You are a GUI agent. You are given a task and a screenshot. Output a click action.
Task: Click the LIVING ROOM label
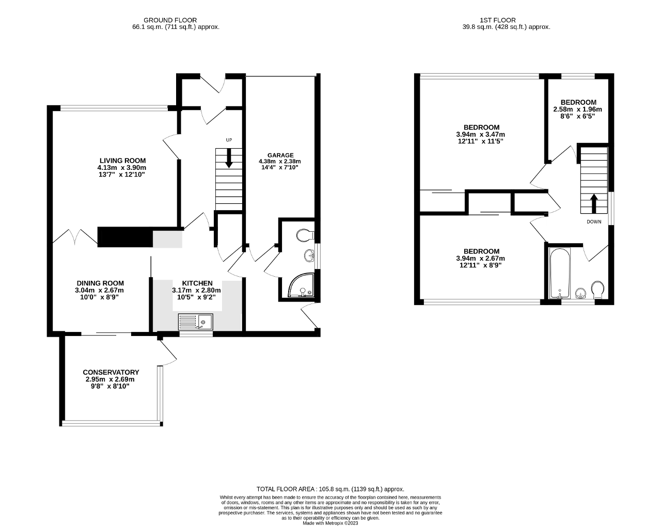click(x=122, y=161)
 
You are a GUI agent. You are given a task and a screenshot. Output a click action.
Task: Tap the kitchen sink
click(x=195, y=322)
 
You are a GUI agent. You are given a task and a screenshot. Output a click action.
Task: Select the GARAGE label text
click(x=280, y=155)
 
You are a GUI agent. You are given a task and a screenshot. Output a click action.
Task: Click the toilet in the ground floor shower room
click(x=305, y=235)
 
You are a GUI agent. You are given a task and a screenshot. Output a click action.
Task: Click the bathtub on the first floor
click(x=560, y=273)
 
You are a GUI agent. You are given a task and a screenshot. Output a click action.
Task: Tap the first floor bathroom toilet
click(x=597, y=289)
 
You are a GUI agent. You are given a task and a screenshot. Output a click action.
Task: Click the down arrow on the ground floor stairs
click(x=229, y=158)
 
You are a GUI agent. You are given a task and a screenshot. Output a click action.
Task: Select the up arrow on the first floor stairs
click(x=594, y=203)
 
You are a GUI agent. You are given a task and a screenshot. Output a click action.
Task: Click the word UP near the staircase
click(x=229, y=140)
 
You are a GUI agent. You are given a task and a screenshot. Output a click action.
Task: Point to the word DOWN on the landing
click(x=594, y=221)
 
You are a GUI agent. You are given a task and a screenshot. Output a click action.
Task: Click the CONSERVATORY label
click(x=111, y=372)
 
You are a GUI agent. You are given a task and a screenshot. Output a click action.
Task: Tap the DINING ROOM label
click(x=100, y=283)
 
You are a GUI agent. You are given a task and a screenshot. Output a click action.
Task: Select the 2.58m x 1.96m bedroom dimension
click(x=578, y=109)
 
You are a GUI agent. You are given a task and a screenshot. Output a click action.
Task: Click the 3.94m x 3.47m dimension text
click(x=481, y=135)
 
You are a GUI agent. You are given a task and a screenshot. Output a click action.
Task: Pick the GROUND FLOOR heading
click(x=170, y=20)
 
